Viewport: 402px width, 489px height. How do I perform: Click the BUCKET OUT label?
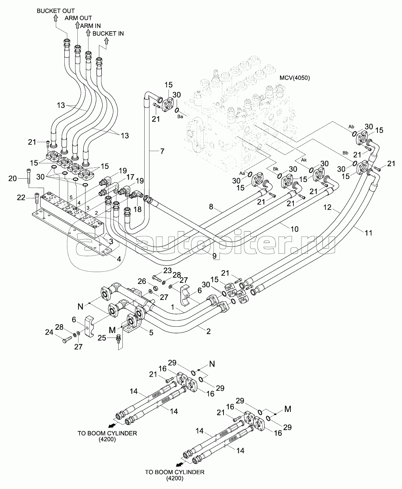coord(55,11)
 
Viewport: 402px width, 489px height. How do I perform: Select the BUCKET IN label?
coord(108,33)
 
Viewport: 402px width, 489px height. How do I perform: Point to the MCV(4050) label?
coord(295,78)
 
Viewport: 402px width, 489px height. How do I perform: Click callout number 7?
coord(162,151)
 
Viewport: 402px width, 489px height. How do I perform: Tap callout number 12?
coord(327,208)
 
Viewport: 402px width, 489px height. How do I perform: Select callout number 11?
coord(369,233)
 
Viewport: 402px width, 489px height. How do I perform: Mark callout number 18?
coord(137,210)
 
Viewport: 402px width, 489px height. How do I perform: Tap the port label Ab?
coord(351,127)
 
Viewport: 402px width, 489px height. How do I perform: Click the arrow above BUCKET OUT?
coord(55,18)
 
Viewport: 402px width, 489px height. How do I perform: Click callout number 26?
coord(142,281)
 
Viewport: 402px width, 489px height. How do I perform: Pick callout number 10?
coord(294,229)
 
